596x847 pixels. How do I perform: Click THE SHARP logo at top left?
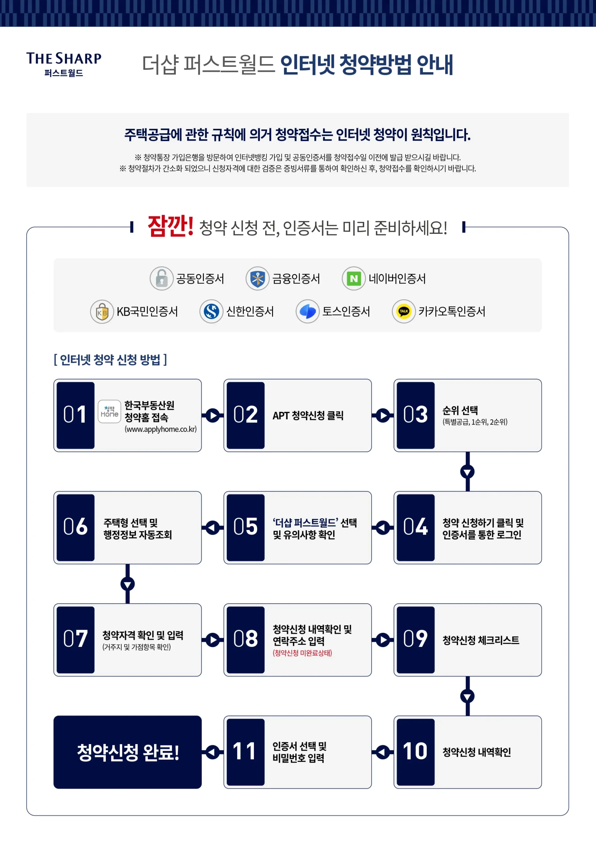[x=64, y=64]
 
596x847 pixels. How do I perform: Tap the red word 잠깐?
[x=170, y=226]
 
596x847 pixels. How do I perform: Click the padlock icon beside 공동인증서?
[x=161, y=279]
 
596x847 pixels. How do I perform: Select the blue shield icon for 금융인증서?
[x=257, y=279]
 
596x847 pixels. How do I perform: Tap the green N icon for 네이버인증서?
[x=353, y=279]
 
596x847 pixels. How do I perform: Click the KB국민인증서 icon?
[x=102, y=312]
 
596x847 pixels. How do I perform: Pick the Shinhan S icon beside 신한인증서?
[x=211, y=312]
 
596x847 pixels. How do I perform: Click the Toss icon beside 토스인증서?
[x=307, y=312]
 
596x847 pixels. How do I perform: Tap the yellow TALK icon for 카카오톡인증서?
[x=404, y=312]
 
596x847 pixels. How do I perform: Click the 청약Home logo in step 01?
[x=109, y=411]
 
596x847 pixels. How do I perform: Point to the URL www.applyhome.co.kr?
[x=161, y=429]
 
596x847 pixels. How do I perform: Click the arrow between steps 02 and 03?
[x=382, y=415]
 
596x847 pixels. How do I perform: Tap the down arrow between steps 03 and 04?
[x=467, y=472]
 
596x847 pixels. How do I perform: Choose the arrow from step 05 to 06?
[x=213, y=527]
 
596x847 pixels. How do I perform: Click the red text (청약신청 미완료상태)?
[x=302, y=653]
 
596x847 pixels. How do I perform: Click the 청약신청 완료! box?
[x=128, y=752]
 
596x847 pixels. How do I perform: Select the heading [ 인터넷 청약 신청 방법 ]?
[x=110, y=360]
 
